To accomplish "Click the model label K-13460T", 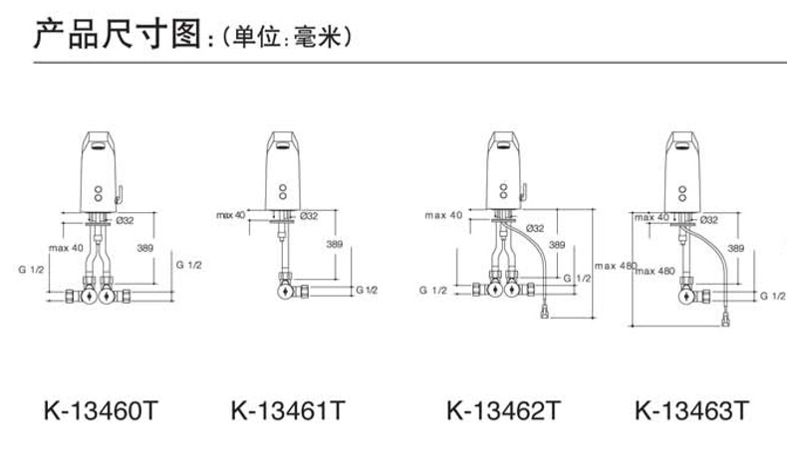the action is point(101,411).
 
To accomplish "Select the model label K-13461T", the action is point(288,411).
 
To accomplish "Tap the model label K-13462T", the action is point(503,411).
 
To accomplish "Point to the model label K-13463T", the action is point(691,411).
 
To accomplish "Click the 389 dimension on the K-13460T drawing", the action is point(145,248).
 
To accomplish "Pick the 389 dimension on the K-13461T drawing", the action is point(335,244).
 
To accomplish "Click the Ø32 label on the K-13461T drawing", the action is point(309,216).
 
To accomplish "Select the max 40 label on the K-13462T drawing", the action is point(443,215).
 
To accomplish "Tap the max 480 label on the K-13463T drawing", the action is point(656,272).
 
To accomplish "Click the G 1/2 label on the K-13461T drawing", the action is point(367,290).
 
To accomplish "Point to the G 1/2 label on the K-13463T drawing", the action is point(772,296).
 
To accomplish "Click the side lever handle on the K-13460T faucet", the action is point(119,193).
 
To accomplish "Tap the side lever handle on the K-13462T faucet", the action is point(524,192).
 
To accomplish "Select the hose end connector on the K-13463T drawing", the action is point(725,320).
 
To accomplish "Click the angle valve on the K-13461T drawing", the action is point(286,290).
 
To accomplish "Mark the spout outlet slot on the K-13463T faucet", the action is point(681,146).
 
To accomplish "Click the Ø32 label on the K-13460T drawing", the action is point(125,220).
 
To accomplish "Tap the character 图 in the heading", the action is point(186,34).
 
